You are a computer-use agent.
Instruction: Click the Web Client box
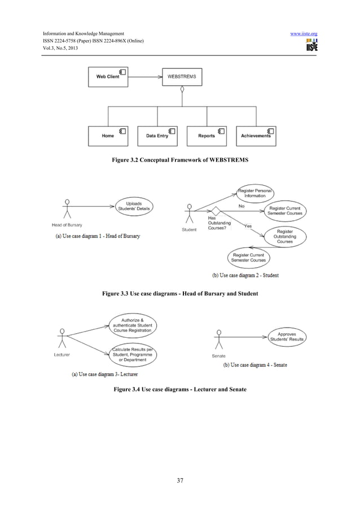108,76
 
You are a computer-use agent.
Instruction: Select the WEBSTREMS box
182,76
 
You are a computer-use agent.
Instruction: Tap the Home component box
108,136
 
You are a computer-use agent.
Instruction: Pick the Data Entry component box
157,136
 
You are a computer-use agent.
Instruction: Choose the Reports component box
207,136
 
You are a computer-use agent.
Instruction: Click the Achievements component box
256,136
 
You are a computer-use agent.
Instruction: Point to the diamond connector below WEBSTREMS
182,90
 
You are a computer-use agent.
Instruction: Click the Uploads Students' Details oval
134,207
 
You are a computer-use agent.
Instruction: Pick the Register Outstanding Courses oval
284,236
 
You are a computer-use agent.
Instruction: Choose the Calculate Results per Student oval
134,354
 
